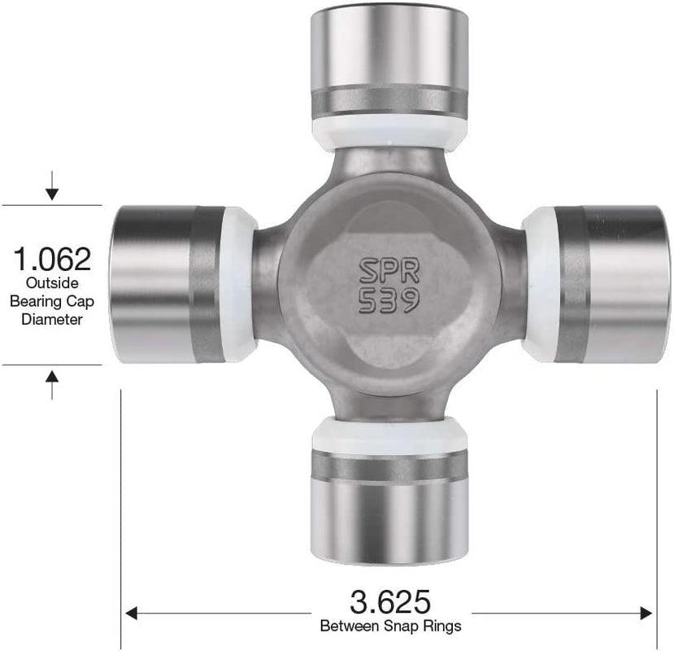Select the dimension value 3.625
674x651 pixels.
coord(390,603)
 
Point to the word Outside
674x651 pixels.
coord(52,283)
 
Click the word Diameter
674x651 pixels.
coord(52,319)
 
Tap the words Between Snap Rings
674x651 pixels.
coord(390,626)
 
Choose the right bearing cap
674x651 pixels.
coord(611,284)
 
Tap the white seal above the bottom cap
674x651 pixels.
coord(389,436)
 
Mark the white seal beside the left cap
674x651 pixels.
coord(239,284)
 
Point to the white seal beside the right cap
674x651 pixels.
coord(538,284)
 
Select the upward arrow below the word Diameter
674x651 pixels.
coord(52,382)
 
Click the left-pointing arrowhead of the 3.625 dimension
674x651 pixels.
coord(132,612)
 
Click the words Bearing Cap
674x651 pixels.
coord(52,301)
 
